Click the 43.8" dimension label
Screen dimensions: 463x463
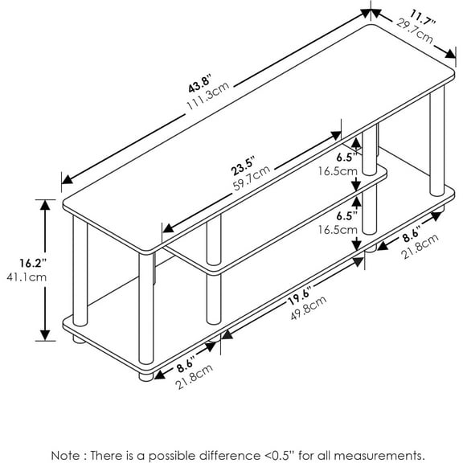pos(200,84)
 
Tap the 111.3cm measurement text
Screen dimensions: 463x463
pos(208,96)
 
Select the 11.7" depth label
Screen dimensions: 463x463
pos(422,18)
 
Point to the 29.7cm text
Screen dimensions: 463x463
pos(414,31)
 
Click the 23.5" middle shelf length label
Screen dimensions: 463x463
pos(243,166)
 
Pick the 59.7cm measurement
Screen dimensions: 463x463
pos(252,178)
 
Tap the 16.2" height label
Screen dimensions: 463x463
pos(33,263)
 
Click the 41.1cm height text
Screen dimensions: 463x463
pos(27,277)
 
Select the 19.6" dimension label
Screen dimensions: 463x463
pos(301,297)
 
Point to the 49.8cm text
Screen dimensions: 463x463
pos(309,308)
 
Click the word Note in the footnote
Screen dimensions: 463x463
pos(65,455)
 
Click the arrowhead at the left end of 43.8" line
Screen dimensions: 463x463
pos(67,180)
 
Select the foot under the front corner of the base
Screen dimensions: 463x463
pos(146,377)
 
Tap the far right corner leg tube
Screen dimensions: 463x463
pos(437,141)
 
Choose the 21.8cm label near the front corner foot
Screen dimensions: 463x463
pos(194,376)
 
